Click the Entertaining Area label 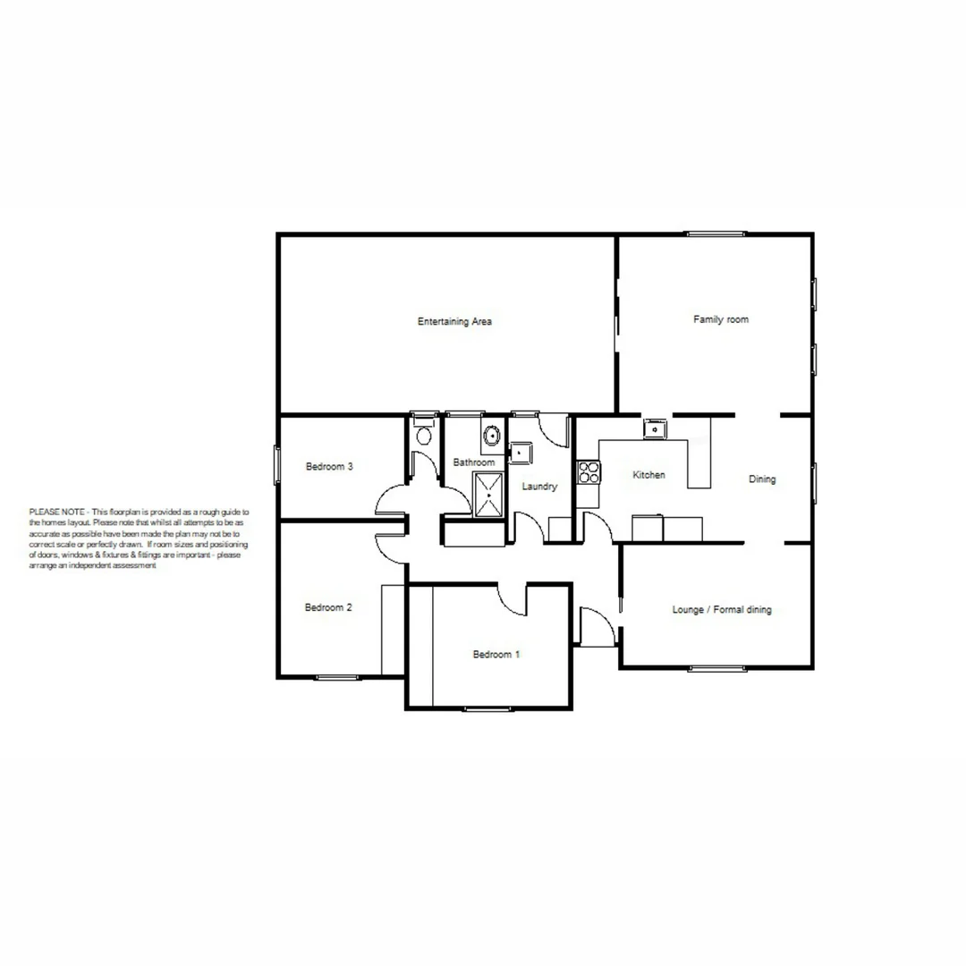click(454, 321)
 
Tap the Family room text click(721, 319)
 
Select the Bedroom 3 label click(329, 466)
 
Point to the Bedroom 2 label click(328, 607)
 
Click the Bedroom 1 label click(496, 655)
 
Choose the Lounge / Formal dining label click(721, 610)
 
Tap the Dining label click(762, 479)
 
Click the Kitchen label click(648, 475)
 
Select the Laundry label click(539, 487)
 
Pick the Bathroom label click(473, 462)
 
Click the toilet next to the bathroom click(424, 436)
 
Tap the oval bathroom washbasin click(492, 436)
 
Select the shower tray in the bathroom click(488, 495)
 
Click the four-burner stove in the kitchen click(588, 471)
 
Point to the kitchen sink click(656, 429)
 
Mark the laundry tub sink click(520, 453)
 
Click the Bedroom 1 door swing click(513, 600)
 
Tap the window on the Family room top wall click(716, 234)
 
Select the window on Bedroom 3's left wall click(277, 466)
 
